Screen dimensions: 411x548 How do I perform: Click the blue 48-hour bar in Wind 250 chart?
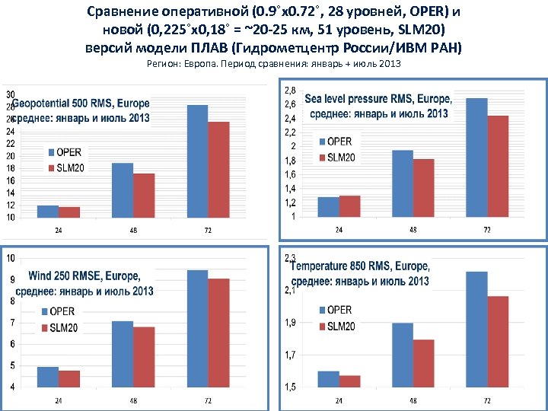pos(123,354)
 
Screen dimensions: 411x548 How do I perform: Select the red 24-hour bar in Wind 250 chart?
pos(69,378)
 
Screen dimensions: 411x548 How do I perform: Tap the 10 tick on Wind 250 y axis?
pos(10,259)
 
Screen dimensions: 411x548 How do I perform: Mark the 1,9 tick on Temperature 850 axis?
pos(290,323)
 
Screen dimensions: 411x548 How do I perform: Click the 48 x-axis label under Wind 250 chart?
pos(133,400)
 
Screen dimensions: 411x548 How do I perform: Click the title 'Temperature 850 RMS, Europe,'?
pos(360,267)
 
